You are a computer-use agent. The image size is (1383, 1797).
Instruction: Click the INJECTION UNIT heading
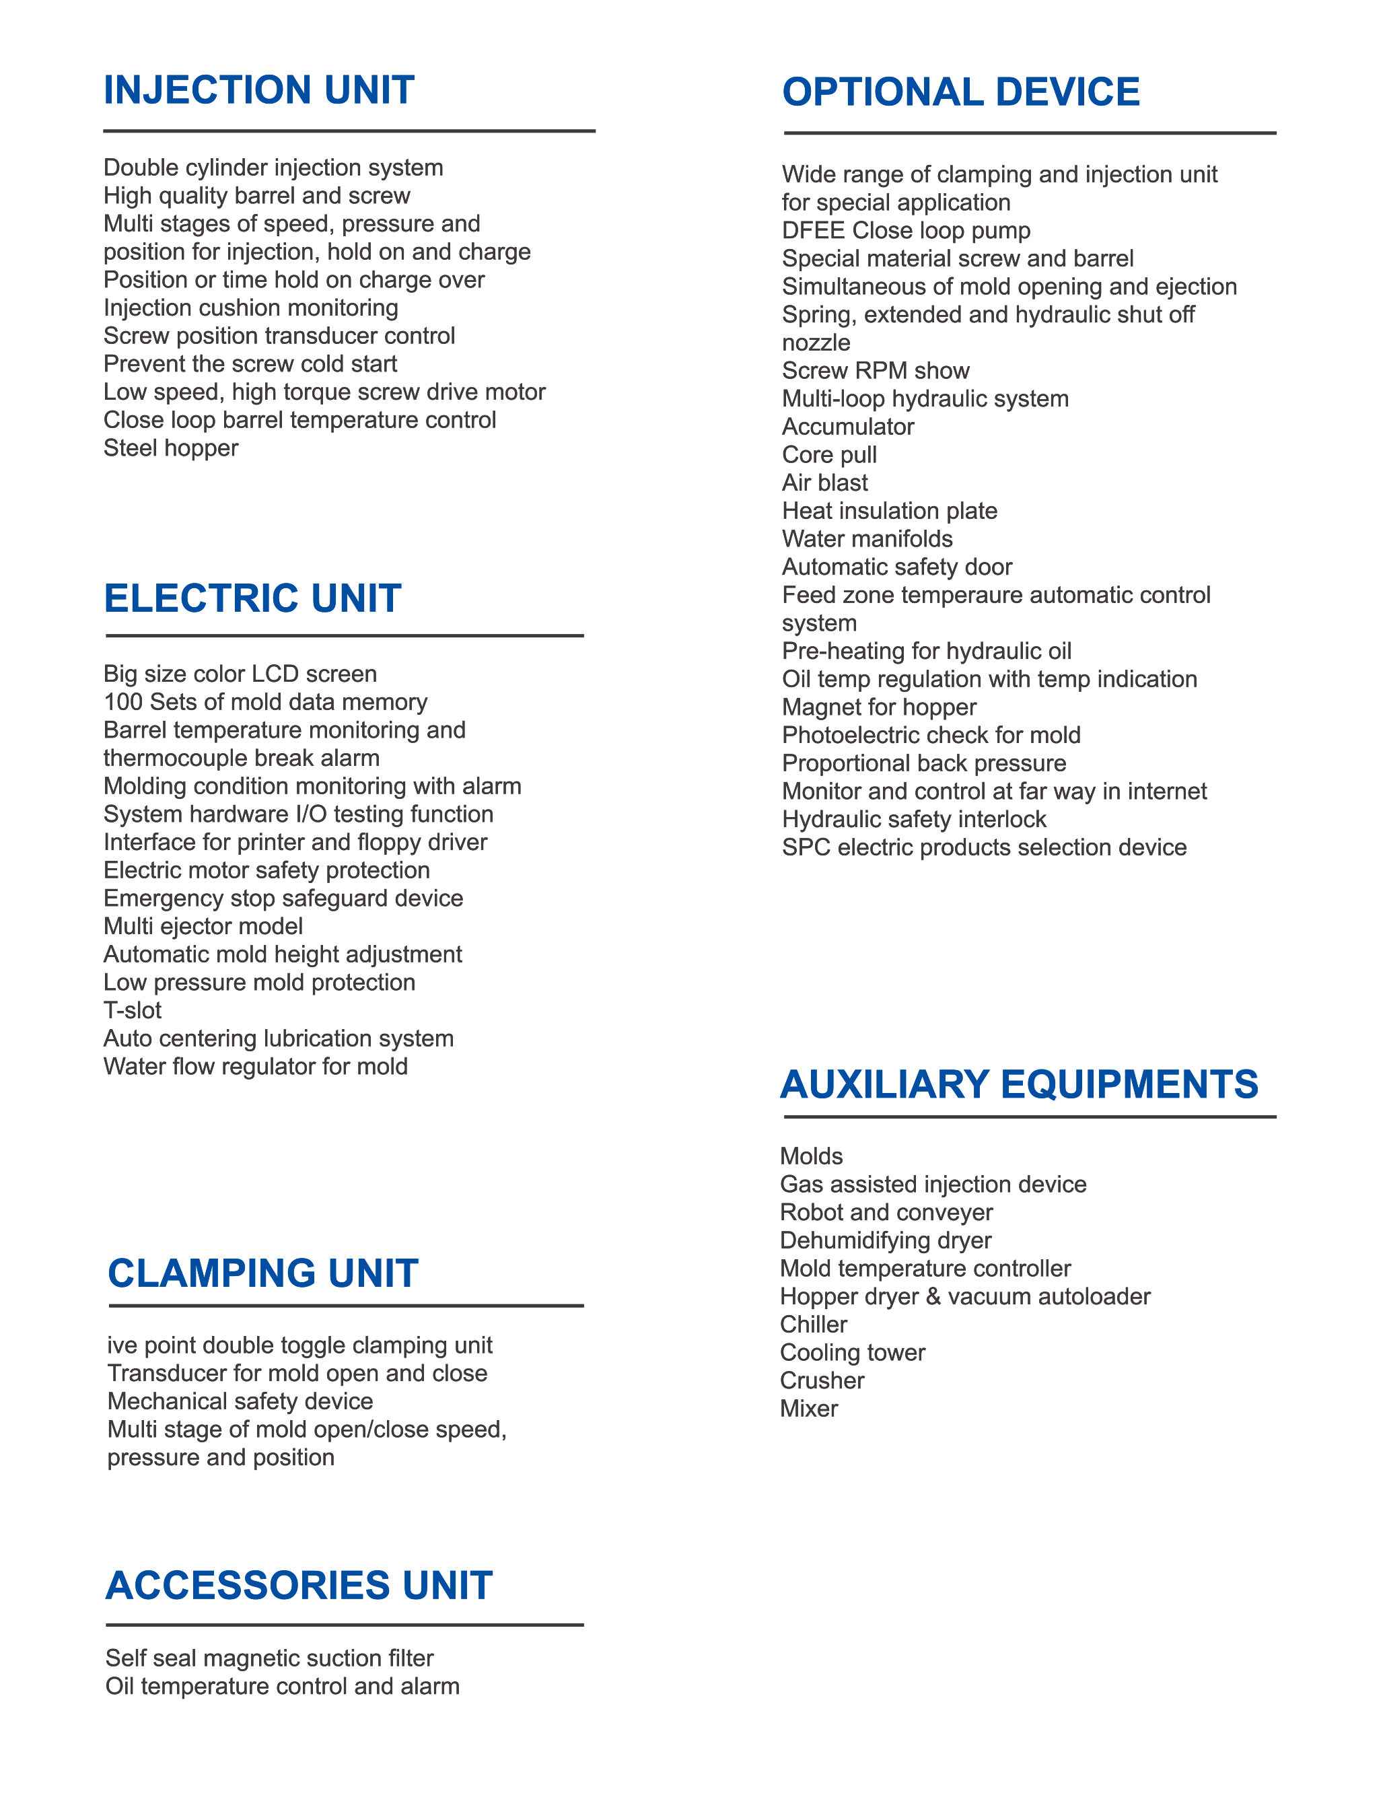(258, 90)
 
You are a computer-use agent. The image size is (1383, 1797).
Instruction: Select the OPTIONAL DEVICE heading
(960, 92)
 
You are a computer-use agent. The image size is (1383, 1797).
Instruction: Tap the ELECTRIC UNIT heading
(252, 598)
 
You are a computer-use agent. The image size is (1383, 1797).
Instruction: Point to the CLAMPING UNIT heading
(262, 1273)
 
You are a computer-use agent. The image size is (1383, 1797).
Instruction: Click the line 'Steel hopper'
(170, 448)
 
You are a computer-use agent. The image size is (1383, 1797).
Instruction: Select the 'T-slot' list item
(133, 1010)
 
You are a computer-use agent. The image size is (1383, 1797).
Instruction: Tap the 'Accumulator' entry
(847, 427)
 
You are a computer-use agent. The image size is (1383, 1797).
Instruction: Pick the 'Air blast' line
(824, 483)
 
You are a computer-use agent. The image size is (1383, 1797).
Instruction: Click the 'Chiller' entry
(813, 1325)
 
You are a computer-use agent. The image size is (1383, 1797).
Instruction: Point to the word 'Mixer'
(809, 1409)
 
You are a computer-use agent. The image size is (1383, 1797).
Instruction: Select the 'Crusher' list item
(822, 1380)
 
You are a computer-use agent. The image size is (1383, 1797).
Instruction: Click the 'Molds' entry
(811, 1157)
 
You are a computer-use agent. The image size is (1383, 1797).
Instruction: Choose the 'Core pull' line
(829, 455)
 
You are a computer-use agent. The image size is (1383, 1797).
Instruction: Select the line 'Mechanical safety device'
(240, 1401)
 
